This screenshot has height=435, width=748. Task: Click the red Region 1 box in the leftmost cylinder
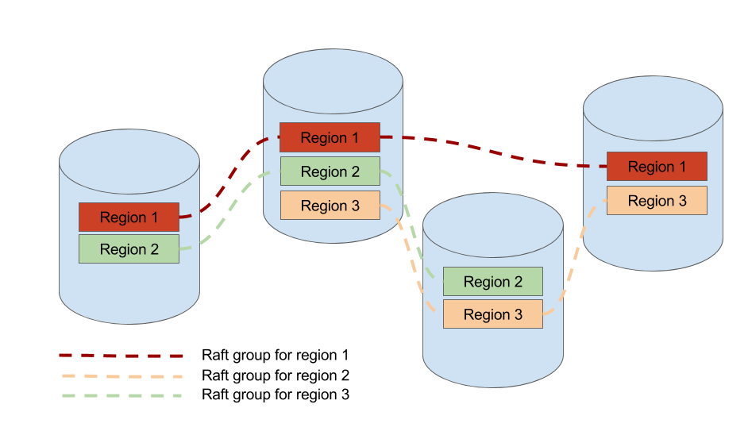[129, 217]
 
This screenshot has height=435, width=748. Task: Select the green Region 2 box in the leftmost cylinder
[129, 249]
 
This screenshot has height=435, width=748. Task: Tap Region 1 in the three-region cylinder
[330, 137]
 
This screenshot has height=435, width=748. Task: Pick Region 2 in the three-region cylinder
[330, 171]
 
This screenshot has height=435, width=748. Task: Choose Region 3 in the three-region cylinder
[330, 206]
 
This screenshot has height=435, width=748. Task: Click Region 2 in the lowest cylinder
[492, 282]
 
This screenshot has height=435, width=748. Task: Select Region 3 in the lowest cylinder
[492, 314]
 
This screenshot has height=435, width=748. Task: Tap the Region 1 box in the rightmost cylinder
[657, 167]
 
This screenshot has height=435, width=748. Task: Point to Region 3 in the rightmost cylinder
[657, 201]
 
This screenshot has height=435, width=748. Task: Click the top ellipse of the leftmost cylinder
[129, 161]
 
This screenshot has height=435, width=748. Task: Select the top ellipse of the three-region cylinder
[333, 81]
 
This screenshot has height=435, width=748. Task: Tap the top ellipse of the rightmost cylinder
[653, 109]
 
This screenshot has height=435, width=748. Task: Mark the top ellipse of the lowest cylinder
[492, 225]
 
